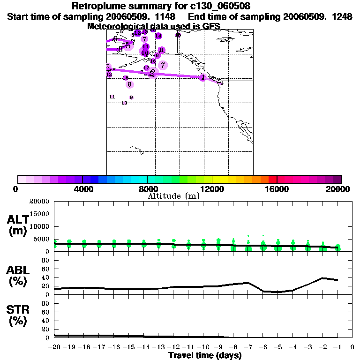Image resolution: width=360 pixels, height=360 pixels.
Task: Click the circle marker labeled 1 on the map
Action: [x=202, y=77]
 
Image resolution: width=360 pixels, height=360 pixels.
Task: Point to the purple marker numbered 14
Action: [x=158, y=36]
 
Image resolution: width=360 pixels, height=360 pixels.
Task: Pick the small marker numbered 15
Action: [x=178, y=35]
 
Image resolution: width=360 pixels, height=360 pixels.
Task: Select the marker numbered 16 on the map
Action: [x=153, y=61]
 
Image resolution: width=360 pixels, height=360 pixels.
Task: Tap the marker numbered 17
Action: [x=146, y=68]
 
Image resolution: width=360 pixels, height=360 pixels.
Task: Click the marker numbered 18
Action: [x=125, y=78]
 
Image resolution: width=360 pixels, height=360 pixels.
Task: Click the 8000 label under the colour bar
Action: [x=147, y=189]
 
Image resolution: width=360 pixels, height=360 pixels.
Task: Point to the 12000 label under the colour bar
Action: [x=212, y=189]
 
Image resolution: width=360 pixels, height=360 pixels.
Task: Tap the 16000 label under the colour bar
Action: [x=277, y=189]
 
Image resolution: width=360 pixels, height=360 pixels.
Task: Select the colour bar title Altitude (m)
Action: [x=174, y=196]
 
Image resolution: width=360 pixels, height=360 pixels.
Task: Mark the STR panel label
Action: [x=17, y=315]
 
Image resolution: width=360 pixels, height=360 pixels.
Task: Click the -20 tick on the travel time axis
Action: [x=54, y=347]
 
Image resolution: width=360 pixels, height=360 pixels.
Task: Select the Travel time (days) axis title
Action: [x=205, y=356]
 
